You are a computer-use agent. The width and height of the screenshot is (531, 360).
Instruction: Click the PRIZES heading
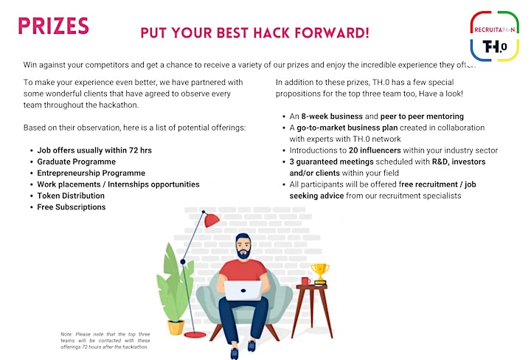pos(53,26)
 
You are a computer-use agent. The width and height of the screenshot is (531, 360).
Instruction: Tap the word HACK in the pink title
pos(271,33)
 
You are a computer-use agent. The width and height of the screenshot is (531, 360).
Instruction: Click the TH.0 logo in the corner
pos(494,36)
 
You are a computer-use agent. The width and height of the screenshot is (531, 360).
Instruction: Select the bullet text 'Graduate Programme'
pos(76,162)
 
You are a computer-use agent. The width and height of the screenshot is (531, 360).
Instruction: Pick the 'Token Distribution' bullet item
pos(71,195)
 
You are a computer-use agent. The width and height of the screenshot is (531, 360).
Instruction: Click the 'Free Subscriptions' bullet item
pos(71,207)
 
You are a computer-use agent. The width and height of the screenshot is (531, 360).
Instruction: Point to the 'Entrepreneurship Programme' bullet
pos(91,173)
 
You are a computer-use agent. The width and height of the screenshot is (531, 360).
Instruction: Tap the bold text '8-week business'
pos(332,117)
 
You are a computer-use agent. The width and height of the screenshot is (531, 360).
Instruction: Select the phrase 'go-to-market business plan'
pos(347,128)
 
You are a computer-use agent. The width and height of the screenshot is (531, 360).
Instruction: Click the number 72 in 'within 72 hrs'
pos(133,150)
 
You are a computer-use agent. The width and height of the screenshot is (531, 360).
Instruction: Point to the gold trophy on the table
pos(319,274)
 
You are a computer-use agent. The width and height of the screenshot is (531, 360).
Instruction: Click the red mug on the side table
pos(305,281)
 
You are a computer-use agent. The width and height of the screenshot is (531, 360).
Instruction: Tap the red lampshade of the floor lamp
pos(212,221)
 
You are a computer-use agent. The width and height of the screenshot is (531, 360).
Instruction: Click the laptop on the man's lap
pos(243,291)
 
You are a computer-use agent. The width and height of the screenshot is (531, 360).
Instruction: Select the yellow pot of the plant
pos(176,327)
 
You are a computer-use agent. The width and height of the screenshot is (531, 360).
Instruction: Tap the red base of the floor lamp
pos(195,335)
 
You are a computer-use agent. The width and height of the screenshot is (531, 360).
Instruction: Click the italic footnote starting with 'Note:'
pos(105,340)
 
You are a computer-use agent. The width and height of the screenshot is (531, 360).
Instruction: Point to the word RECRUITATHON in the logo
pos(494,30)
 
